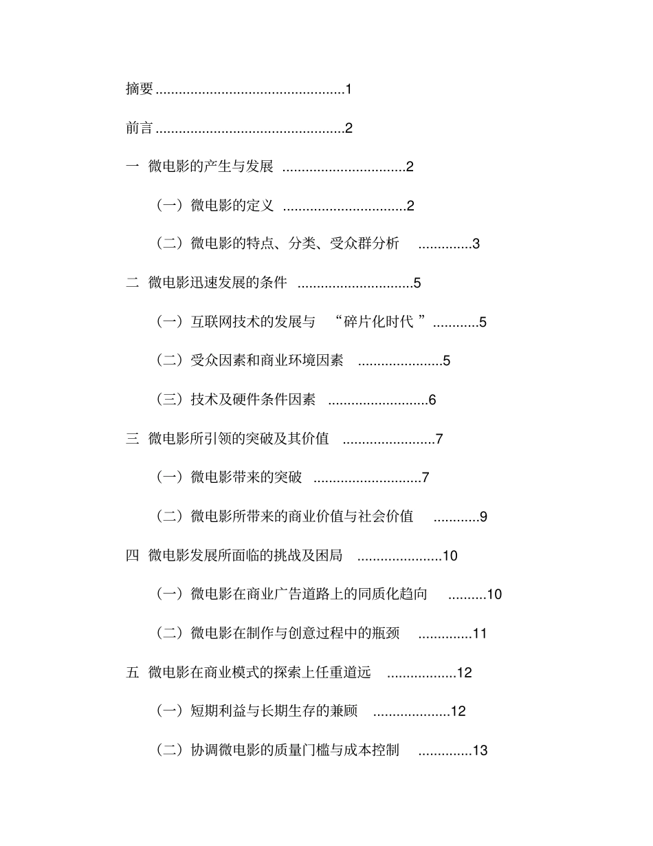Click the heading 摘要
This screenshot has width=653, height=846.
pyautogui.click(x=140, y=89)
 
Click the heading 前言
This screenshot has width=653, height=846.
pyautogui.click(x=140, y=128)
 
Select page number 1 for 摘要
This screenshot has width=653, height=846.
pyautogui.click(x=348, y=89)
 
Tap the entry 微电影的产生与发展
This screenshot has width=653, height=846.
pyautogui.click(x=211, y=166)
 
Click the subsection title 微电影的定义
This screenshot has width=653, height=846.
pyautogui.click(x=232, y=205)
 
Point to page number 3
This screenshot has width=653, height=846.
pyautogui.click(x=476, y=244)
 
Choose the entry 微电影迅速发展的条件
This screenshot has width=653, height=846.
pyautogui.click(x=218, y=283)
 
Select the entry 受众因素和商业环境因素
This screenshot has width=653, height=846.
pyautogui.click(x=267, y=360)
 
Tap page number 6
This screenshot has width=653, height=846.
pyautogui.click(x=432, y=400)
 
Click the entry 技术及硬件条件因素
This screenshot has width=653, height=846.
pyautogui.click(x=253, y=400)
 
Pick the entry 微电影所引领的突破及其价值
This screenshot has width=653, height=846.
pyautogui.click(x=239, y=438)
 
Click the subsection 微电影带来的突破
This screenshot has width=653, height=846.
pyautogui.click(x=246, y=477)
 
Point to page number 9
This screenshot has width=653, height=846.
pyautogui.click(x=483, y=517)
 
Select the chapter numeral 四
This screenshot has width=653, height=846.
pyautogui.click(x=133, y=555)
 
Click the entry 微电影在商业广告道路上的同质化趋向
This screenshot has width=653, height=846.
pyautogui.click(x=309, y=594)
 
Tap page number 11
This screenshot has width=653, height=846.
pyautogui.click(x=480, y=633)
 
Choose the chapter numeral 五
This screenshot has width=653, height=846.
pyautogui.click(x=133, y=672)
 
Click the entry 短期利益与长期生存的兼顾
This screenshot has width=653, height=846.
pyautogui.click(x=274, y=711)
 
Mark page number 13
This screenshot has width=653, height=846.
pyautogui.click(x=480, y=750)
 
